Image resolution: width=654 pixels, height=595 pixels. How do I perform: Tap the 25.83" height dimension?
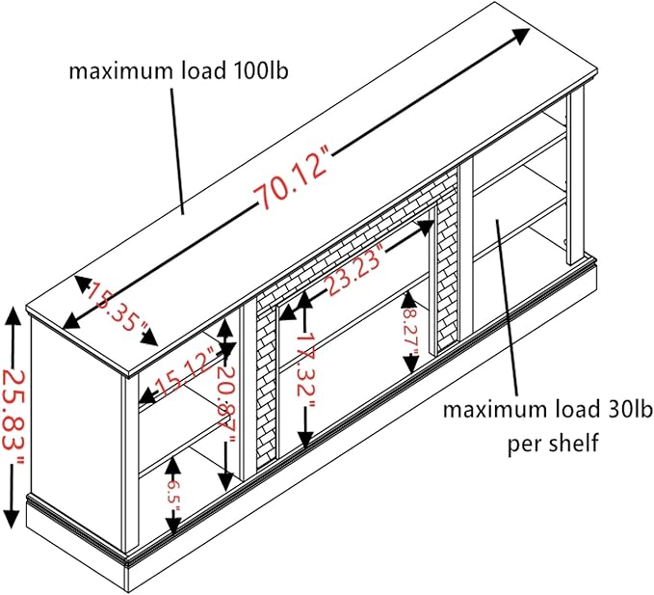[x=13, y=419]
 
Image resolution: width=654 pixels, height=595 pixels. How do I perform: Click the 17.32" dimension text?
[x=307, y=368]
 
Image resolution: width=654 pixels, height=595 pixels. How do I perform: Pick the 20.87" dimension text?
[x=227, y=402]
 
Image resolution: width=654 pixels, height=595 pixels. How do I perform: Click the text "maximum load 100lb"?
[x=178, y=71]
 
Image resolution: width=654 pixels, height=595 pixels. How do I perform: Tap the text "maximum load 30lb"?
[x=547, y=410]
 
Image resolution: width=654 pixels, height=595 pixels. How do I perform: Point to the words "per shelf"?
[x=553, y=443]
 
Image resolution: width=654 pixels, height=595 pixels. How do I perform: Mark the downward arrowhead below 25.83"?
[x=11, y=518]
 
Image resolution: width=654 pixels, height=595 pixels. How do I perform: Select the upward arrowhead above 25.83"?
[x=12, y=317]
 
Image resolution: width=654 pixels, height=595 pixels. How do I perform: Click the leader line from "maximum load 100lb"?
[x=177, y=151]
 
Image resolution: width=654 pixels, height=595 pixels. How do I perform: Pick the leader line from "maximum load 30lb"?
[x=507, y=307]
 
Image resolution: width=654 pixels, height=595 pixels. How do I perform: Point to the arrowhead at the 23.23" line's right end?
[x=427, y=226]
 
